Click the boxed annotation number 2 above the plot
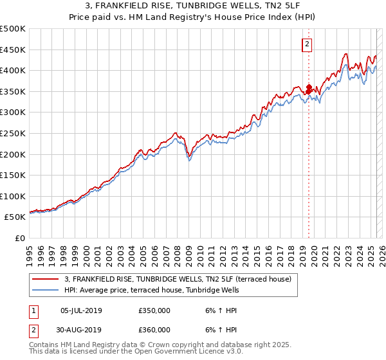click(308, 44)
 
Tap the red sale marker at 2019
click(309, 88)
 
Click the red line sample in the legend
click(46, 279)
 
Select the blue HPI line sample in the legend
click(46, 290)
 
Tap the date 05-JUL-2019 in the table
click(81, 311)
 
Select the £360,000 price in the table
click(154, 330)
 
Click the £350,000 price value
click(154, 311)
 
